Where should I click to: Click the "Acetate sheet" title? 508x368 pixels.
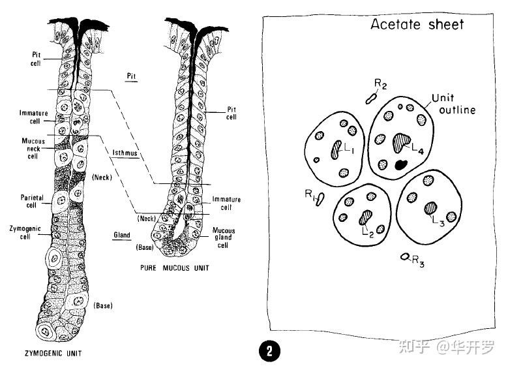tap(417, 25)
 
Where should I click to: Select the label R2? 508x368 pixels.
tap(381, 85)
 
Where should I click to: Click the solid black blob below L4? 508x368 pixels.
tap(400, 164)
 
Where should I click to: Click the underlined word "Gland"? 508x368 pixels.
tap(121, 234)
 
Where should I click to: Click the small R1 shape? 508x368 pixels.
tap(320, 199)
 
